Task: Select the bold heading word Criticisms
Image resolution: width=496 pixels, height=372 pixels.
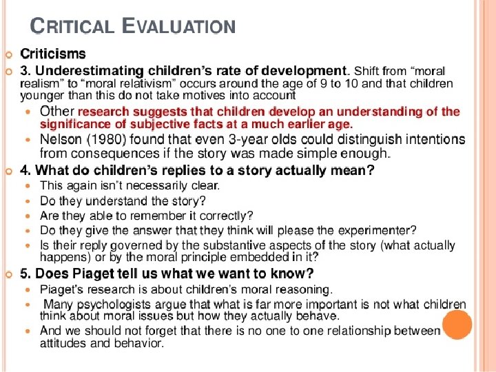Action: click(x=53, y=54)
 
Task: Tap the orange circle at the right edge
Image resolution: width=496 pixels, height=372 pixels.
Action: click(x=457, y=324)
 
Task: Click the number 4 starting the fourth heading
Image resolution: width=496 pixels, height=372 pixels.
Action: click(x=25, y=169)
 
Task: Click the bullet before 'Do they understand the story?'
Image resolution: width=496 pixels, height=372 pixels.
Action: click(x=28, y=201)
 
